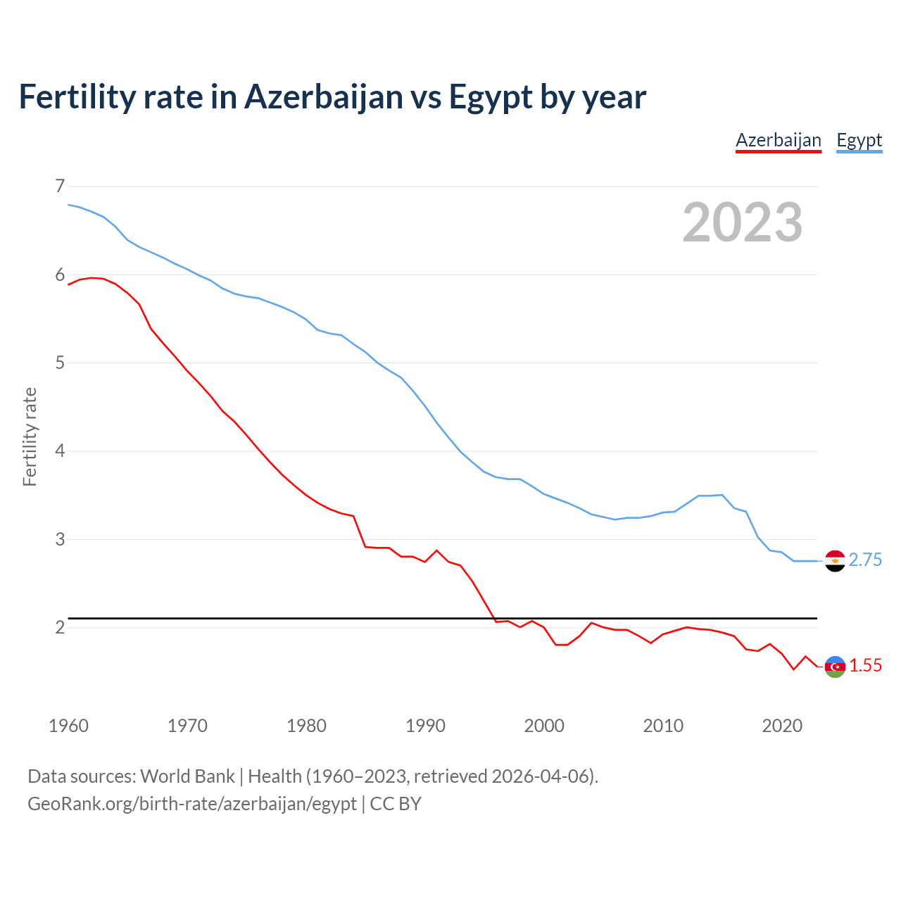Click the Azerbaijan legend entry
point(778,141)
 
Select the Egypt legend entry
point(859,141)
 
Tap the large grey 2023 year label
point(742,222)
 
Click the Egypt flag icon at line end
point(834,560)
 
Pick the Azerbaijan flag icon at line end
point(834,666)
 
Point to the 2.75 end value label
point(865,560)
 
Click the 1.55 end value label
point(865,666)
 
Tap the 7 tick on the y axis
point(60,187)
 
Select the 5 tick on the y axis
point(60,363)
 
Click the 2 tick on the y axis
point(60,628)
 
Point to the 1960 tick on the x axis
point(68,726)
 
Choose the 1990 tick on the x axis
point(425,726)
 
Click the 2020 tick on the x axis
point(782,726)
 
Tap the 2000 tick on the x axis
point(544,726)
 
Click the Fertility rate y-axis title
point(30,436)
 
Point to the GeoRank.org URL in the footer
point(191,804)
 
